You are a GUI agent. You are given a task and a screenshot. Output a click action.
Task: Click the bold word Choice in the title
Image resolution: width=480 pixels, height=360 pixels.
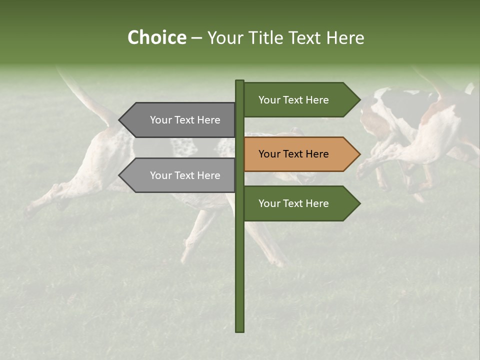point(156,37)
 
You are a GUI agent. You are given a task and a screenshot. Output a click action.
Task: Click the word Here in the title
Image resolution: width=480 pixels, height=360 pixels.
point(346,37)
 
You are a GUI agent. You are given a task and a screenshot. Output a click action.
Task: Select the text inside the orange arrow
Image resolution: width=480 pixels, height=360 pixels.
point(293,154)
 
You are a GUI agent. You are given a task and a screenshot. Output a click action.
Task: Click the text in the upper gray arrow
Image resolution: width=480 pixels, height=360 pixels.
point(185,120)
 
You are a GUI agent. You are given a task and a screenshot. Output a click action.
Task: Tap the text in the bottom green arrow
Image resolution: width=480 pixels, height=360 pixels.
point(293,203)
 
